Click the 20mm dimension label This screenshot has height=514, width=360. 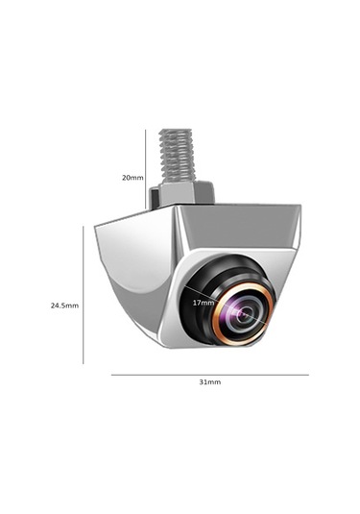(132, 178)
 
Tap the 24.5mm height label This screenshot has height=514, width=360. (64, 306)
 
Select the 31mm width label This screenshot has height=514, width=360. (209, 382)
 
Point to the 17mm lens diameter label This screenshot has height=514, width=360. (204, 303)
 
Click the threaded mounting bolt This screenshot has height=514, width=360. (180, 159)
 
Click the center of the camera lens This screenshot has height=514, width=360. (244, 312)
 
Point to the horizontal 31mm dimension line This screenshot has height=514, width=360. (209, 374)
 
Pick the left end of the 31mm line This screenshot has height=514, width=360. (111, 374)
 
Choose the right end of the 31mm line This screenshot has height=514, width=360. (308, 374)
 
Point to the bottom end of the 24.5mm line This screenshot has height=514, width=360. (84, 363)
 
